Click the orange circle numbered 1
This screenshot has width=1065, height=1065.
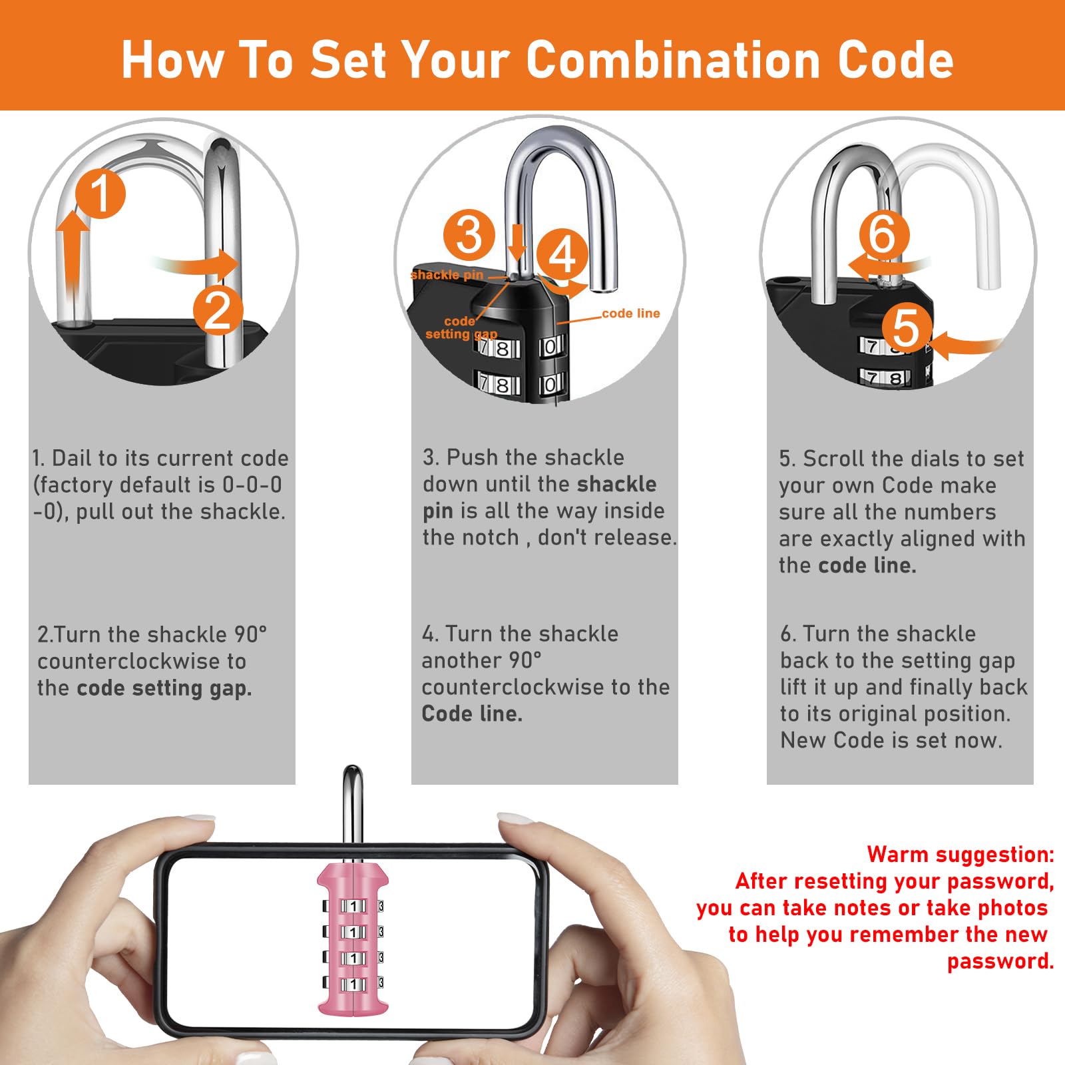click(101, 193)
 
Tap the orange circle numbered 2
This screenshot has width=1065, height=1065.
click(218, 310)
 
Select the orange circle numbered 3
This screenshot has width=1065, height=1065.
click(469, 235)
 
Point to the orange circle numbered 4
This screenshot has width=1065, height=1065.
click(562, 254)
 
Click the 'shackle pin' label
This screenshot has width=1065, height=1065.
click(447, 275)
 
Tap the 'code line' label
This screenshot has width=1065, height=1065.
click(631, 314)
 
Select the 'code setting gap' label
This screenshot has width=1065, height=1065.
click(461, 327)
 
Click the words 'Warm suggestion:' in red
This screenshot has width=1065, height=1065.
click(960, 854)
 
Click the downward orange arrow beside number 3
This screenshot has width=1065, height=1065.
click(517, 242)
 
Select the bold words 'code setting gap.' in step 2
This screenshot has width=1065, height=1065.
click(164, 688)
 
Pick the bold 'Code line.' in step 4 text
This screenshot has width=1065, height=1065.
click(472, 714)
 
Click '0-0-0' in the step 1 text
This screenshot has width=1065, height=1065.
click(252, 485)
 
